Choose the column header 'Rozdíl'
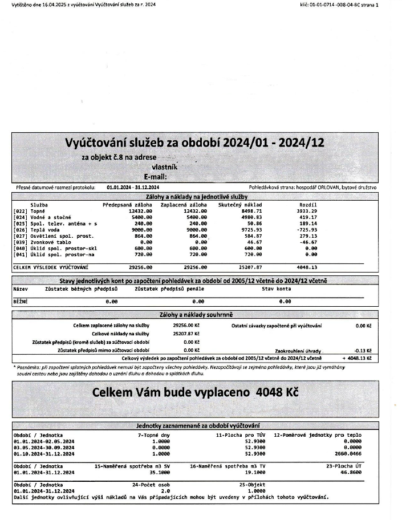click(308, 204)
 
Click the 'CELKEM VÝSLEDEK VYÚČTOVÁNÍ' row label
click(50, 267)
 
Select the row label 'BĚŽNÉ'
click(20, 300)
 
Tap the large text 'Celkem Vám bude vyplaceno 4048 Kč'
click(194, 393)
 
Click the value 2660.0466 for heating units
click(348, 454)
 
